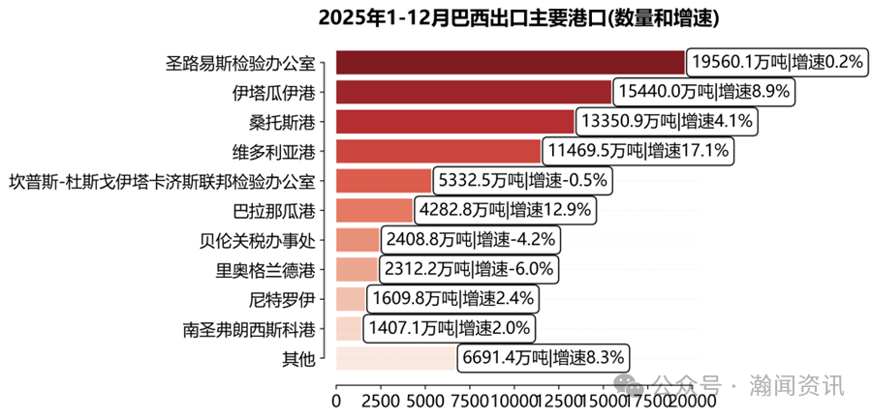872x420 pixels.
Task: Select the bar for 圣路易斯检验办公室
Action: [511, 63]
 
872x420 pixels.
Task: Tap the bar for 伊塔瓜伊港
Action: [474, 93]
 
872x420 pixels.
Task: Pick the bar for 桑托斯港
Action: [455, 122]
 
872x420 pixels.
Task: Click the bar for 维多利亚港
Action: [438, 152]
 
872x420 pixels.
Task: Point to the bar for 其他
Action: [396, 358]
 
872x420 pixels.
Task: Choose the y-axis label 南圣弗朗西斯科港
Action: [249, 329]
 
